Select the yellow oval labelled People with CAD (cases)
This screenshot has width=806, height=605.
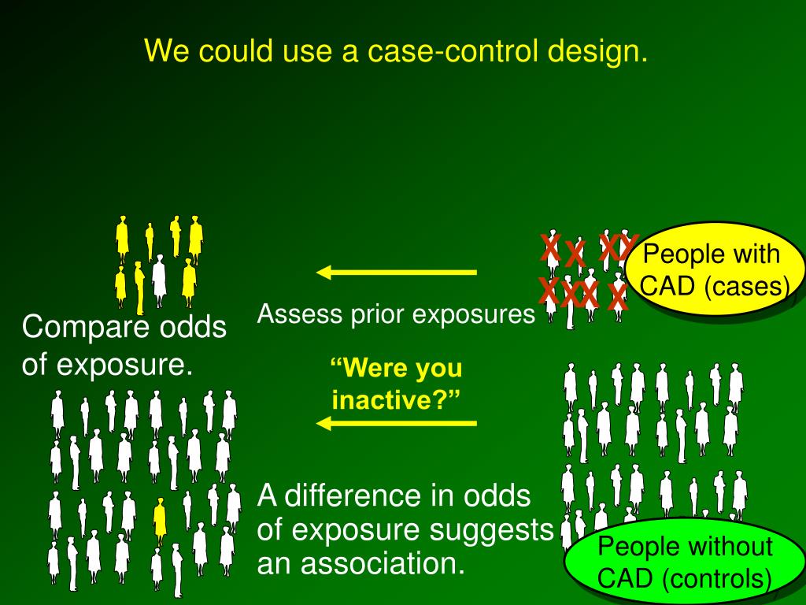point(715,270)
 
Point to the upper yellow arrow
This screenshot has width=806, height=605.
point(397,273)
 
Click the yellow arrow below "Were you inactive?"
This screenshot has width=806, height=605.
point(397,424)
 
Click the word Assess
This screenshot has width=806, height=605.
point(287,314)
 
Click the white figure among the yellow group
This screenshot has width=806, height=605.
point(160,277)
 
